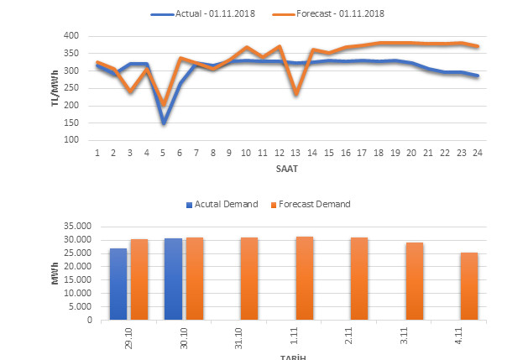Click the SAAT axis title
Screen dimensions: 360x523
(x=288, y=169)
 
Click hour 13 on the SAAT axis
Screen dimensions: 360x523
(x=295, y=153)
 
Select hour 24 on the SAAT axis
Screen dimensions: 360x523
(x=477, y=153)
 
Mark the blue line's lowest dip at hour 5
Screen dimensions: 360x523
(x=164, y=123)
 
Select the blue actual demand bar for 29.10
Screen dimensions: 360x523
(x=118, y=284)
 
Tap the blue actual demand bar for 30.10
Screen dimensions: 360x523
(x=173, y=279)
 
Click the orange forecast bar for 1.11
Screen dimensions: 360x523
(x=305, y=279)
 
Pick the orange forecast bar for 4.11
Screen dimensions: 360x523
(x=469, y=286)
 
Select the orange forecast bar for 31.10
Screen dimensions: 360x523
(x=249, y=279)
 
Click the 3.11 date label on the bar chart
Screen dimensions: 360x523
(x=414, y=336)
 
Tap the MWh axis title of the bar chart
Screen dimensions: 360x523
(x=55, y=274)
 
